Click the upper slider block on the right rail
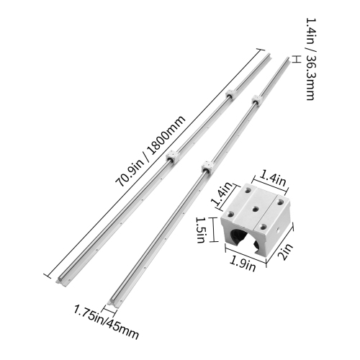pyautogui.click(x=254, y=99)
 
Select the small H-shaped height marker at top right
pyautogui.click(x=296, y=60)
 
